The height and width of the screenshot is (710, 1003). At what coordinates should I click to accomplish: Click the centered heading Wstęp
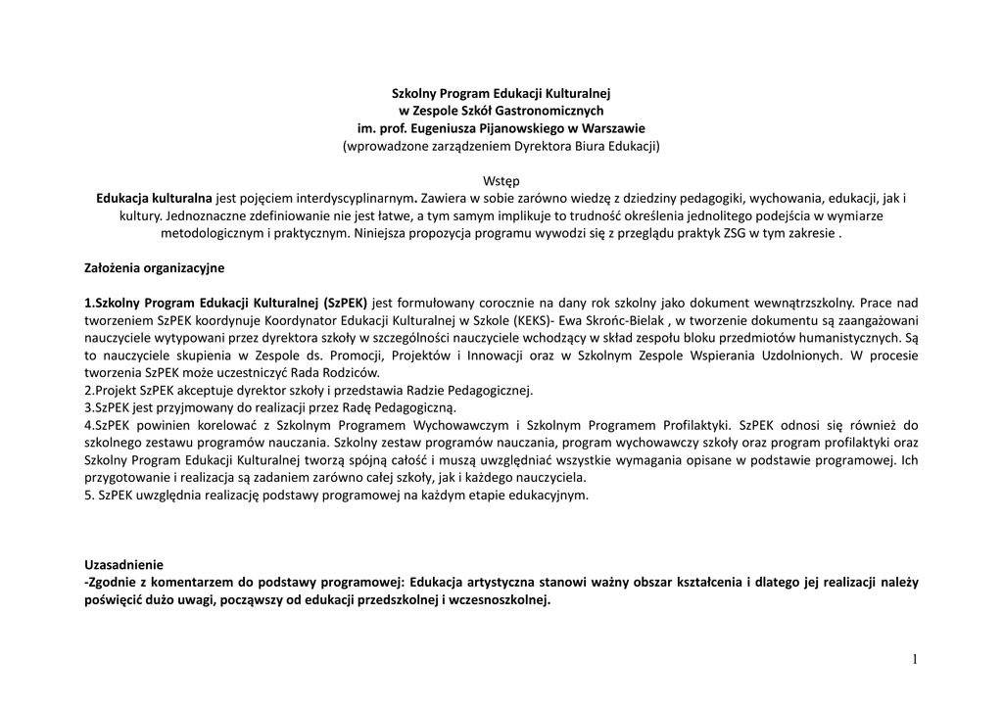(501, 181)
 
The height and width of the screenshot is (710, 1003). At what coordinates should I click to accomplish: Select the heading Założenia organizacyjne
(155, 266)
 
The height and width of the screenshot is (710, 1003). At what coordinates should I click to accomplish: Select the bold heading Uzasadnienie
(124, 564)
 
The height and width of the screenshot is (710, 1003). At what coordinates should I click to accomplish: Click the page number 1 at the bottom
(915, 660)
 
